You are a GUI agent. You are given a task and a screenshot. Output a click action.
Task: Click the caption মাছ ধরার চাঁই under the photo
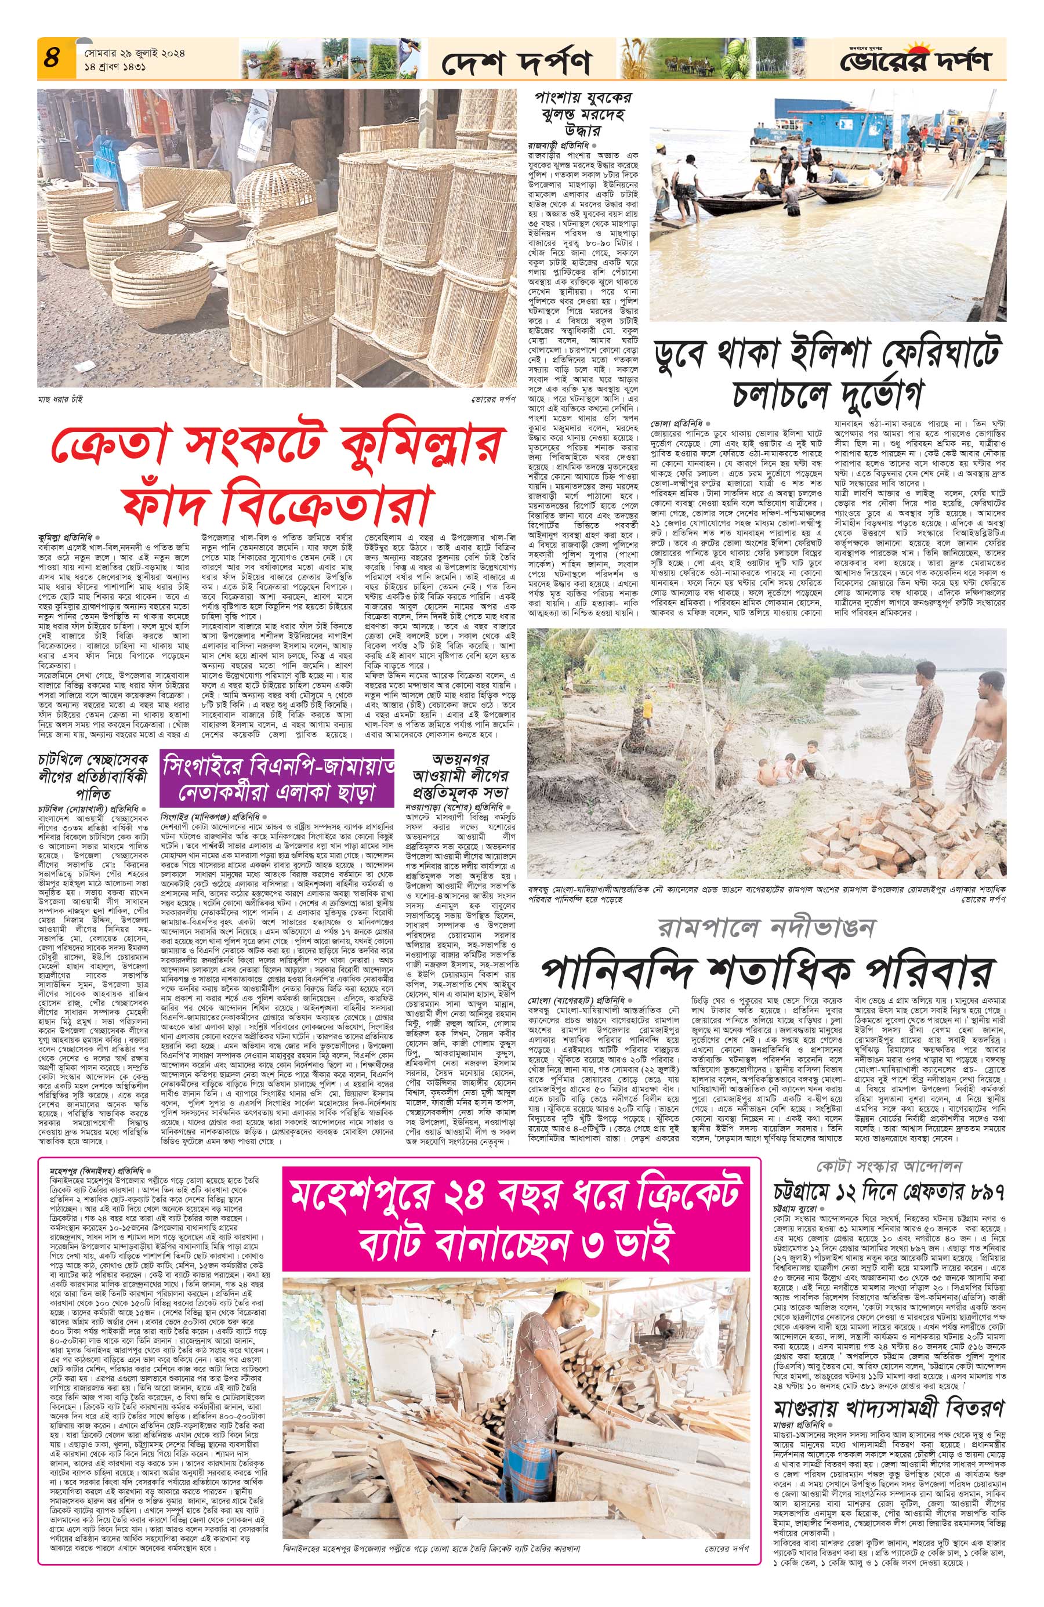tap(61, 399)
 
